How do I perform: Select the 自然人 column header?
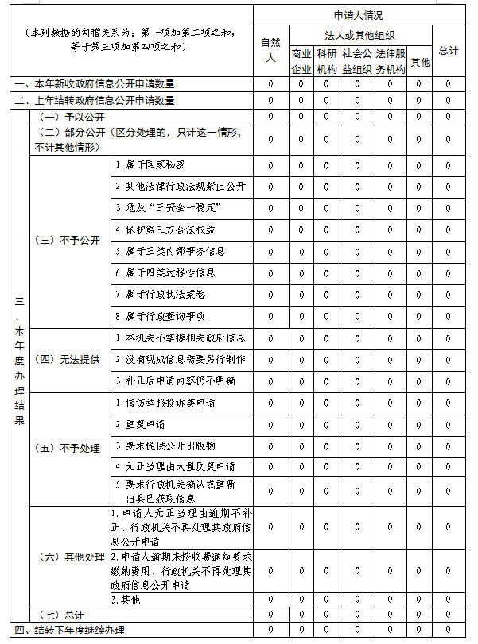click(x=270, y=50)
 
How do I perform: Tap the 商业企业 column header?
click(x=301, y=61)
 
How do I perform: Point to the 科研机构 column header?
click(x=326, y=61)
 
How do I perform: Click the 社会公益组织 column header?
click(x=357, y=61)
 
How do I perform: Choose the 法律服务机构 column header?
click(x=391, y=61)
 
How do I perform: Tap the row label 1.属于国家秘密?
click(x=150, y=165)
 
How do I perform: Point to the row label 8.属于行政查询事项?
click(x=160, y=315)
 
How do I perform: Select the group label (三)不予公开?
click(x=69, y=240)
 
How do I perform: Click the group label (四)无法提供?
click(x=69, y=359)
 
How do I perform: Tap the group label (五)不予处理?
click(x=69, y=448)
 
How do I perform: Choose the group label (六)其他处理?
click(x=69, y=557)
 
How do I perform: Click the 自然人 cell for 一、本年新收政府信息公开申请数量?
click(x=270, y=84)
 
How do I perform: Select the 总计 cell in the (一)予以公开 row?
click(x=448, y=117)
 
